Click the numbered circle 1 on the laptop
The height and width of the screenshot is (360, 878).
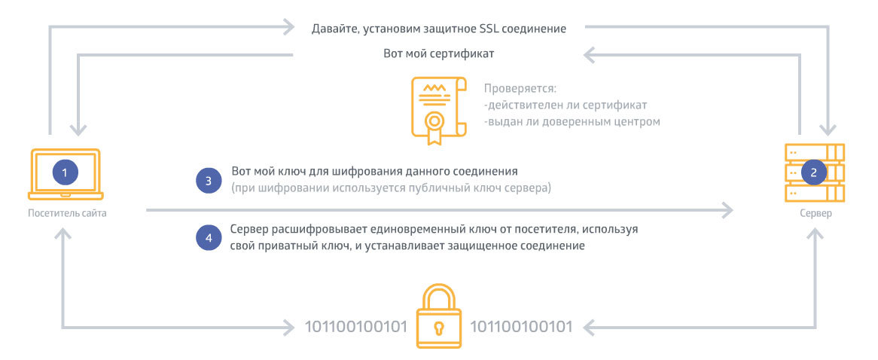pos(65,172)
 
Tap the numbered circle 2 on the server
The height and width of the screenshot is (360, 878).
pos(813,172)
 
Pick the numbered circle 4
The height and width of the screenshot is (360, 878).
pos(209,237)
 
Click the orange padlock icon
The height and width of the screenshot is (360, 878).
pos(439,317)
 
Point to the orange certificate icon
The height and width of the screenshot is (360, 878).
pos(433,109)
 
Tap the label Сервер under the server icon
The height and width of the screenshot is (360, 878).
pos(816,213)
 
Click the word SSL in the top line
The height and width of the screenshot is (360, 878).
pos(486,29)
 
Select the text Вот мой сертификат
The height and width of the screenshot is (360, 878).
pos(438,54)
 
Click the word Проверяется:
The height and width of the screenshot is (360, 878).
pos(519,88)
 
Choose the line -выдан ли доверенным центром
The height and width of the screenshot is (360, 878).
pos(572,121)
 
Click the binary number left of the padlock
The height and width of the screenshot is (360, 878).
pos(355,327)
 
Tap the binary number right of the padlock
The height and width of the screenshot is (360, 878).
pos(521,327)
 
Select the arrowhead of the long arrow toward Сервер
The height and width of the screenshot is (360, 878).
pos(728,209)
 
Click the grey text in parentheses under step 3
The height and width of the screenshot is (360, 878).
pos(392,188)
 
